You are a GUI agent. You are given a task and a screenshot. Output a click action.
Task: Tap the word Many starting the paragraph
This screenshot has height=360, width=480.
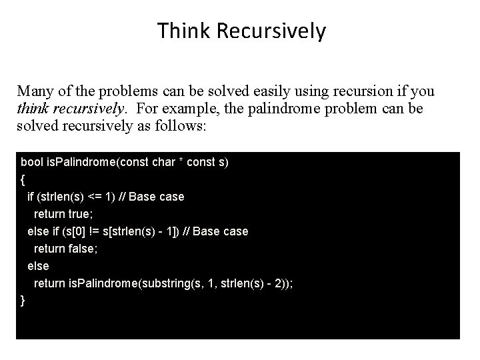click(33, 91)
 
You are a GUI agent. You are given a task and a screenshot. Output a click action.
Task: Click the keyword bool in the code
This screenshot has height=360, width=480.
click(31, 162)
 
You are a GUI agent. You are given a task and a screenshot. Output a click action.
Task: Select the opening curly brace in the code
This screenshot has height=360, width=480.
click(23, 179)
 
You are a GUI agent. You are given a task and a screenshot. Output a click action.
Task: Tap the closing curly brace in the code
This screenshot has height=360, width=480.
click(23, 301)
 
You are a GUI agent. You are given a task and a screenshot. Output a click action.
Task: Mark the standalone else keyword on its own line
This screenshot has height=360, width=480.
click(38, 266)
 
